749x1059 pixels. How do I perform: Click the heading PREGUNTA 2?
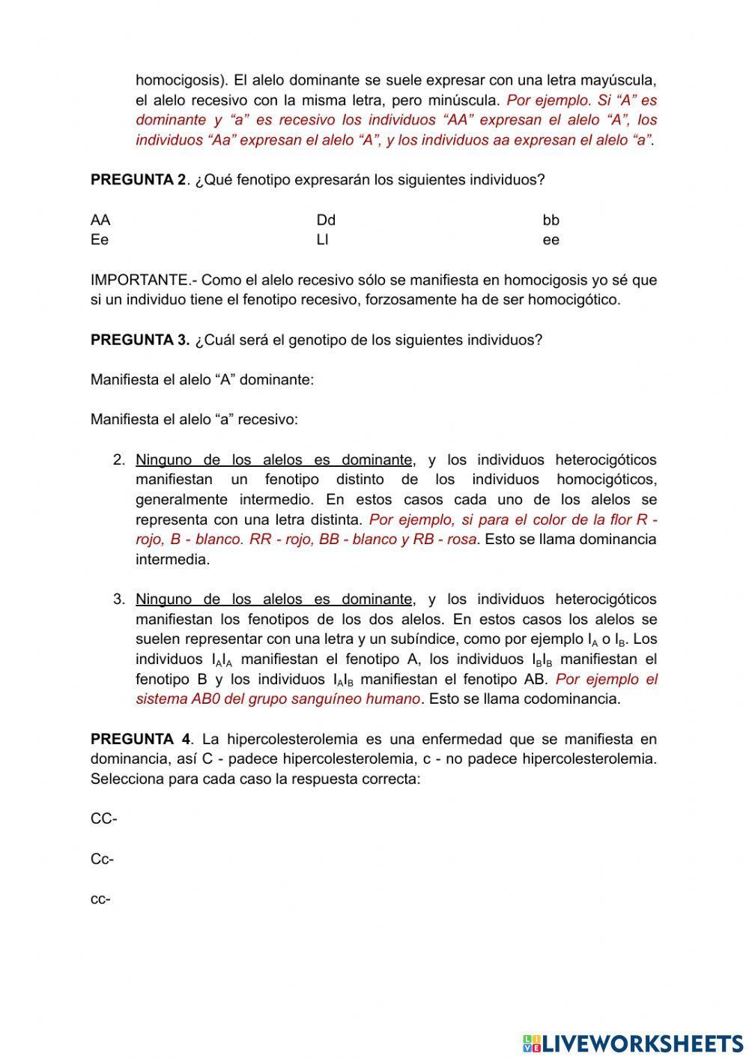pos(138,180)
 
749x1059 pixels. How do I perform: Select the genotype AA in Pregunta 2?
pos(100,220)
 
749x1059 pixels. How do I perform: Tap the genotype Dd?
pos(326,220)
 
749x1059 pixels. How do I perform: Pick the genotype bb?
pos(551,220)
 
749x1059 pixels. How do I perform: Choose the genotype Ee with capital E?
pos(100,240)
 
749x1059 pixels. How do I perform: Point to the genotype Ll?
pos(323,240)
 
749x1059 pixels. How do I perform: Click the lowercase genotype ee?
pos(551,240)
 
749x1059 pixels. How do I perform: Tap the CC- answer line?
pos(104,819)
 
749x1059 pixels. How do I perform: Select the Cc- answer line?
pos(103,859)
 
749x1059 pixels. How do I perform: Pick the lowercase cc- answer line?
pos(101,899)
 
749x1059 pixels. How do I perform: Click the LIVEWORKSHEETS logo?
pos(633,1043)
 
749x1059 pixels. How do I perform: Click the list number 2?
pos(119,460)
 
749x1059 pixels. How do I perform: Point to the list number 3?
pos(119,600)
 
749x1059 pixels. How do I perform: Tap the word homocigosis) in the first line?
pos(181,80)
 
